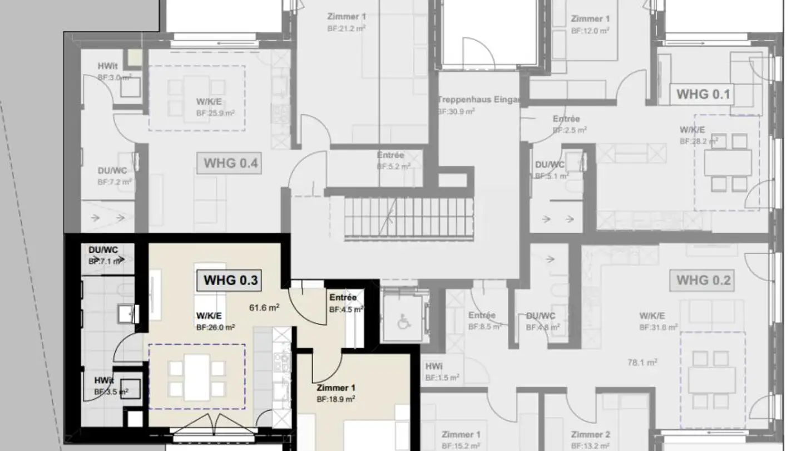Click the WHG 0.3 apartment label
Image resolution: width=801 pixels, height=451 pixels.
point(231,280)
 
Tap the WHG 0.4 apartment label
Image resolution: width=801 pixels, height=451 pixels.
point(230,164)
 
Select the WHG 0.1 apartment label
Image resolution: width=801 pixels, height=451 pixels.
point(703,95)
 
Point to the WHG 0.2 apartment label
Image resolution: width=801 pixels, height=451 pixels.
point(703,280)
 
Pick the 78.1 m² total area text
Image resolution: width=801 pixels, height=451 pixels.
point(642,362)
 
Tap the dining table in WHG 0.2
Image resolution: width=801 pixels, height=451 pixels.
point(712,378)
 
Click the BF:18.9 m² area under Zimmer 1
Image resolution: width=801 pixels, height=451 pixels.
point(336,399)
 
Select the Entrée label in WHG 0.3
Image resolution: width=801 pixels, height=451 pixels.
point(343,297)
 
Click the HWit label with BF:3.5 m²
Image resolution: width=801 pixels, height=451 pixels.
point(104,380)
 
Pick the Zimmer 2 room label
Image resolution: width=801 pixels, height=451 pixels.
point(591,434)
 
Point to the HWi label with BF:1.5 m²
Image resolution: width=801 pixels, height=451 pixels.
point(434,366)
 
